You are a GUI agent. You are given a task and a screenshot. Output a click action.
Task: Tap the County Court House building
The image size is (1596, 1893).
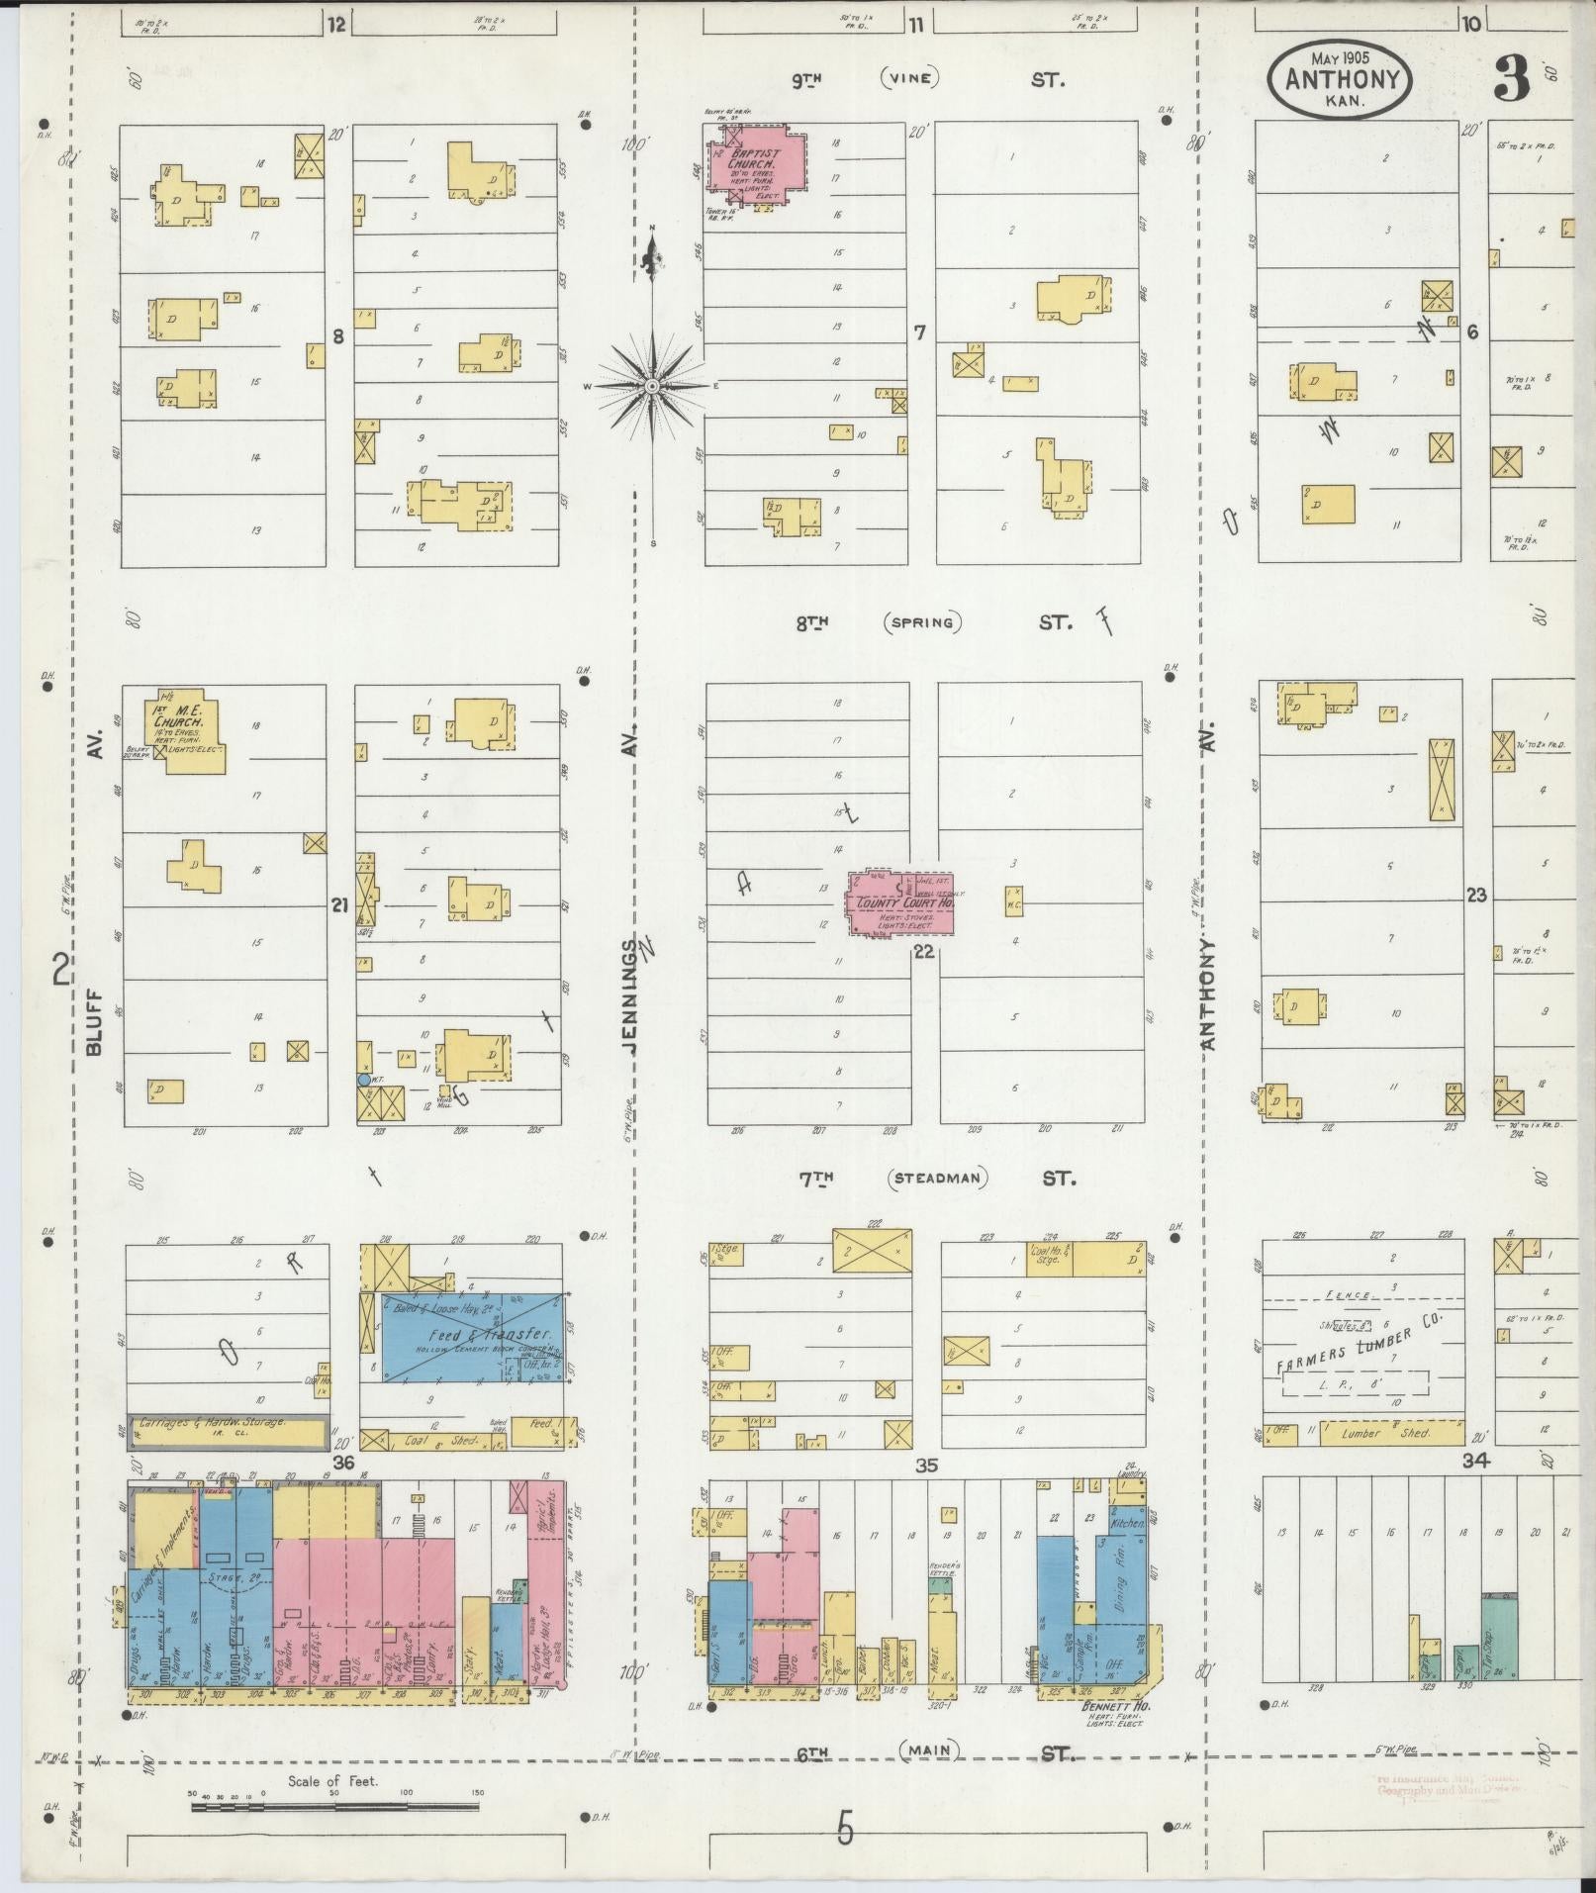pyautogui.click(x=898, y=902)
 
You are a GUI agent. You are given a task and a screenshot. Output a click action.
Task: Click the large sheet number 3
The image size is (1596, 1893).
pyautogui.click(x=1512, y=79)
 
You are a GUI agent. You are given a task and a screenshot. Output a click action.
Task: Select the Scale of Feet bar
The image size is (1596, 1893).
pyautogui.click(x=334, y=1806)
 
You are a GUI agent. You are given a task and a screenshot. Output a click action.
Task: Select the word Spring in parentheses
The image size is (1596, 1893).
pyautogui.click(x=922, y=622)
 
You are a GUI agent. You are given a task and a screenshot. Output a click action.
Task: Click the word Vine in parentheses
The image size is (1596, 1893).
pyautogui.click(x=908, y=78)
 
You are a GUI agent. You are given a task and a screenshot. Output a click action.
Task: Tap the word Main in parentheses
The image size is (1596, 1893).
pyautogui.click(x=930, y=1751)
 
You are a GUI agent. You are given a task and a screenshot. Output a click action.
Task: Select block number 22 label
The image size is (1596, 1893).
pyautogui.click(x=924, y=952)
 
